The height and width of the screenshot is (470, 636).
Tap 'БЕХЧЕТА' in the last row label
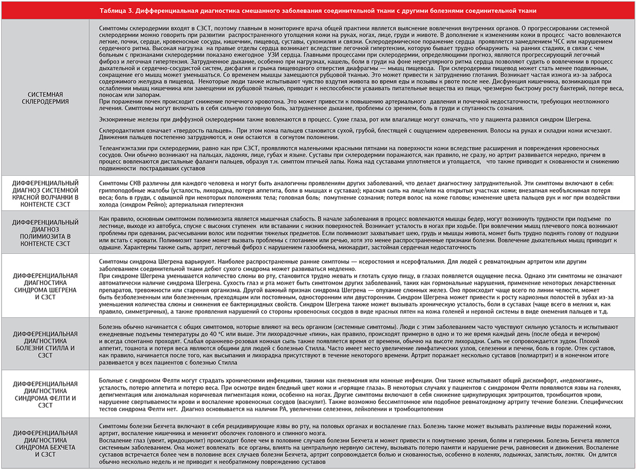coord(58,447)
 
